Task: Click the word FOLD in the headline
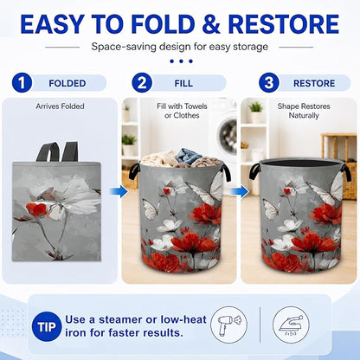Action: click(164, 23)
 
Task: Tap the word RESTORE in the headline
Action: click(284, 23)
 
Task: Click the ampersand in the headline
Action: click(211, 23)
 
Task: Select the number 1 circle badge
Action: click(22, 83)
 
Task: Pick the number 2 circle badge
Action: click(142, 83)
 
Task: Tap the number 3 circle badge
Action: click(268, 83)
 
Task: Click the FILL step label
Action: click(183, 83)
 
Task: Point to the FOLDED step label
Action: click(67, 83)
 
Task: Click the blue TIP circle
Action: click(47, 327)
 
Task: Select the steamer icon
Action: click(229, 325)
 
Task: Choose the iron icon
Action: click(291, 325)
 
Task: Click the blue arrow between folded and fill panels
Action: click(119, 191)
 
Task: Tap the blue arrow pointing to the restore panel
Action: click(240, 191)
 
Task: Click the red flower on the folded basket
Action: click(36, 209)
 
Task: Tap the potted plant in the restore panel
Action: click(256, 112)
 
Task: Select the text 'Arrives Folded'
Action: click(60, 106)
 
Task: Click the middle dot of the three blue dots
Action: click(181, 61)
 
